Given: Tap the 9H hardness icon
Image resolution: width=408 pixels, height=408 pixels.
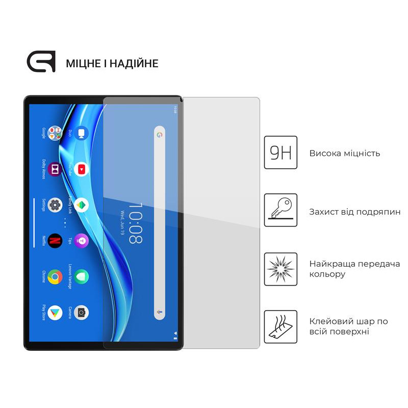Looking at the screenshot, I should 280,152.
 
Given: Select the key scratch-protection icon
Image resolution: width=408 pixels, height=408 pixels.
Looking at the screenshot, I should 280,210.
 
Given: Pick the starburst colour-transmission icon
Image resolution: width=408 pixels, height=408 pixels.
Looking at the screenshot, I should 280,269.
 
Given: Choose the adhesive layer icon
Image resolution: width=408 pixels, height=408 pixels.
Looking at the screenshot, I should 280,327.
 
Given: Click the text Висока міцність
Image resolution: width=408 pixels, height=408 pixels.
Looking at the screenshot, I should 344,154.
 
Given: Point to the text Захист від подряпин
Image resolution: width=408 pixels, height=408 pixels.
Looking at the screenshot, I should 354,211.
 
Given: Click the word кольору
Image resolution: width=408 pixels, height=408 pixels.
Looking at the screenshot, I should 327,274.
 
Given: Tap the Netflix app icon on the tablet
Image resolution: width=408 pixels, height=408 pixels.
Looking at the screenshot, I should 55,240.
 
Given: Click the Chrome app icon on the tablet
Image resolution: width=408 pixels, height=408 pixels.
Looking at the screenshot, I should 55,277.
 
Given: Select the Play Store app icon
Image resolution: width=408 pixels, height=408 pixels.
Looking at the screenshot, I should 55,313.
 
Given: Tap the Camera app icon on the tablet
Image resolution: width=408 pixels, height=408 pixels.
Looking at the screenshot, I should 81,313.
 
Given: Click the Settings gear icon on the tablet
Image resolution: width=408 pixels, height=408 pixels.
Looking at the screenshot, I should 55,205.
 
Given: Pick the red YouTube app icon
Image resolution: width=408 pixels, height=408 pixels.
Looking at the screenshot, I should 81,169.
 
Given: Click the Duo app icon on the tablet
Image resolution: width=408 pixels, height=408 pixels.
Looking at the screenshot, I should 81,134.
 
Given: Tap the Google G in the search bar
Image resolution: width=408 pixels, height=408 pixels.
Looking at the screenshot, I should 159,135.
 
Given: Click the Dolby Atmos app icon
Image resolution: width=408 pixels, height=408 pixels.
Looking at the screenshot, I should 55,169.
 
